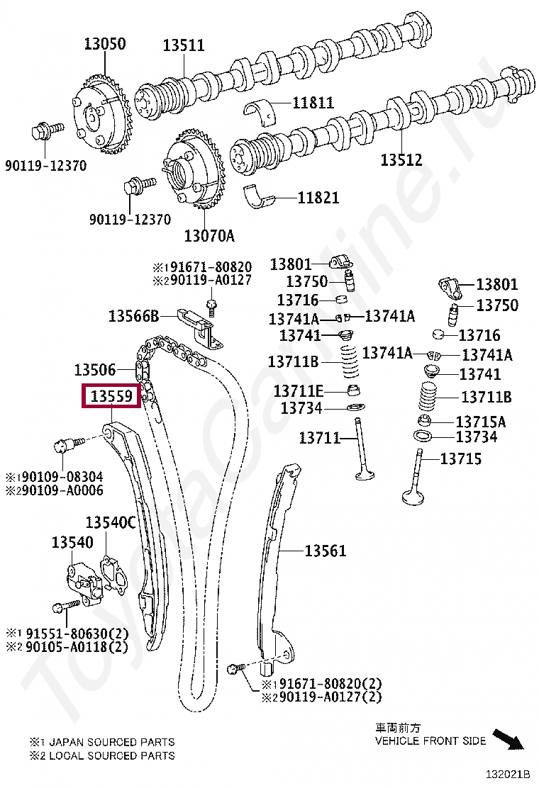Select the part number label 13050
tap(105, 44)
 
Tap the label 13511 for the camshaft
tap(183, 45)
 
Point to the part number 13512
tap(401, 160)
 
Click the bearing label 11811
tap(312, 103)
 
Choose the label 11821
tap(318, 198)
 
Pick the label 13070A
tap(209, 235)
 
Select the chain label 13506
tap(95, 369)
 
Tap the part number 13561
tap(326, 551)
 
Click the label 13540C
tap(110, 523)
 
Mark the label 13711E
tap(298, 391)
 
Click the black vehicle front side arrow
tap(508, 739)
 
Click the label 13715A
tap(480, 422)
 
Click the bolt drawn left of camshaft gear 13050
tap(43, 132)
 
